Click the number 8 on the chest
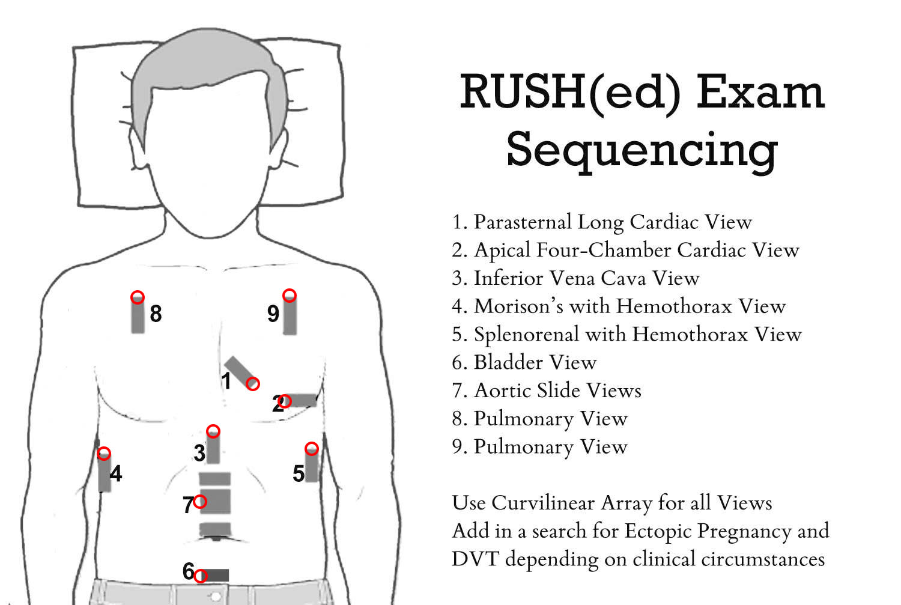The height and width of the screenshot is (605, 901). [x=156, y=314]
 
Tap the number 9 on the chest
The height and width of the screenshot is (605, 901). [x=273, y=314]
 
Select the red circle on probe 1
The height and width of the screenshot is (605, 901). [x=253, y=384]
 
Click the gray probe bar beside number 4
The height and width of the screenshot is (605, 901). [x=105, y=472]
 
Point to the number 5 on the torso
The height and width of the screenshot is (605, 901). [x=299, y=473]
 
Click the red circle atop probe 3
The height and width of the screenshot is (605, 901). [x=213, y=431]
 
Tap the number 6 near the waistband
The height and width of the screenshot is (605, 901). [x=188, y=571]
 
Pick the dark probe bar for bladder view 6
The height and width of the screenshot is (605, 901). [x=214, y=575]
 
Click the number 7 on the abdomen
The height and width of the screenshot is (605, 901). [x=188, y=505]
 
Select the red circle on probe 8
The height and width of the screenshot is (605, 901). [x=138, y=297]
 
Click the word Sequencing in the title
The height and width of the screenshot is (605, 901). [x=642, y=150]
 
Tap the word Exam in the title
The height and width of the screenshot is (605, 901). [x=760, y=92]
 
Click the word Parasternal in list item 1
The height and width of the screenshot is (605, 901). [x=523, y=222]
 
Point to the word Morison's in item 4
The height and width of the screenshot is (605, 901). [x=520, y=306]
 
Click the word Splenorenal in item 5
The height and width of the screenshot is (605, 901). [x=527, y=335]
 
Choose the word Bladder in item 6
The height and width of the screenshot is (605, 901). [x=508, y=362]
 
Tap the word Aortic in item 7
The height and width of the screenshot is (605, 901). [x=502, y=391]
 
